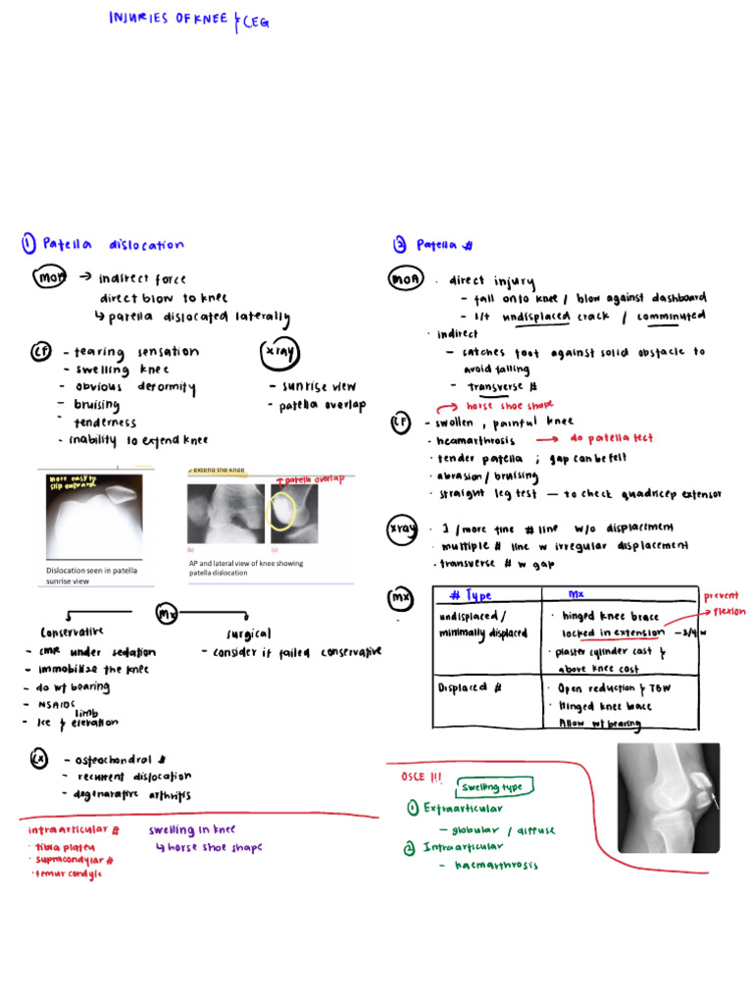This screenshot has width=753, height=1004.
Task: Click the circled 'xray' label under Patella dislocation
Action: click(x=280, y=354)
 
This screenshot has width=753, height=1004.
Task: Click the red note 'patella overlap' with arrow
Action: click(x=313, y=479)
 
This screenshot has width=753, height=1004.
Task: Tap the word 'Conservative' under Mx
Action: click(x=72, y=632)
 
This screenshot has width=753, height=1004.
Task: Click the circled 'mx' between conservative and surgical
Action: click(x=168, y=614)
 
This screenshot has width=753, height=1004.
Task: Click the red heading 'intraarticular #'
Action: click(x=75, y=829)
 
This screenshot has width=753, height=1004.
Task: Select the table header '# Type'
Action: click(x=471, y=596)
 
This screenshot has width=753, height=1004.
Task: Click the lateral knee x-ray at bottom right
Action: click(x=669, y=795)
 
